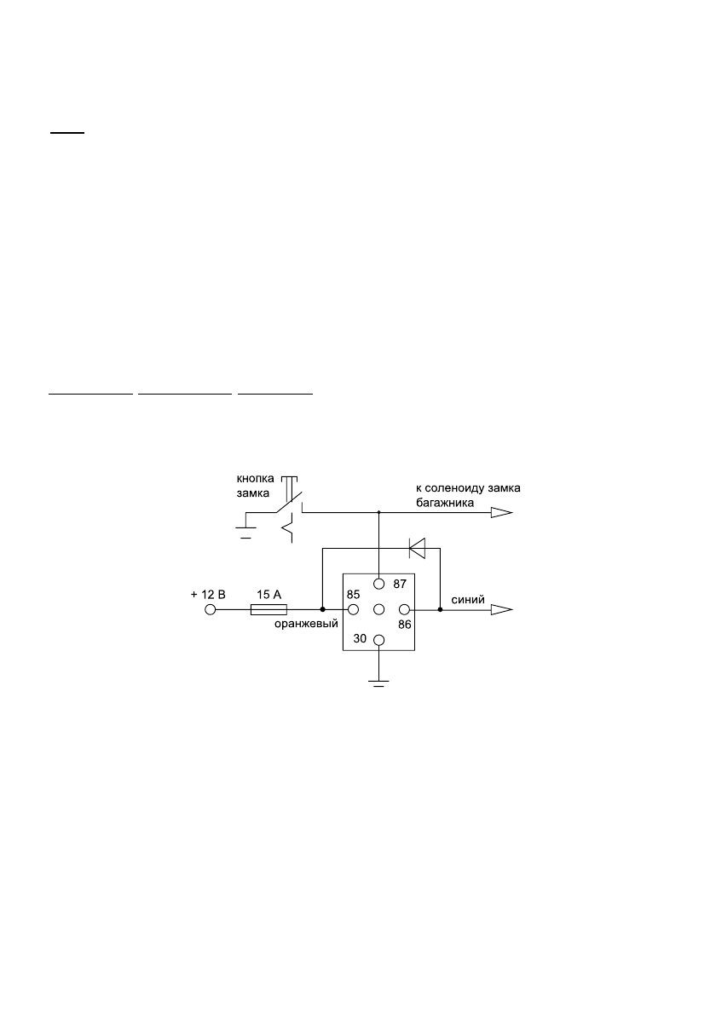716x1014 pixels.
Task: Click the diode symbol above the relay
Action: point(417,549)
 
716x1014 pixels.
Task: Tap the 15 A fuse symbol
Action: point(268,609)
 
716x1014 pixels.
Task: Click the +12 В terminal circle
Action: point(210,609)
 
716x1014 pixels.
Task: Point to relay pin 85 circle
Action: point(351,609)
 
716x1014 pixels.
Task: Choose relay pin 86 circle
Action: point(406,609)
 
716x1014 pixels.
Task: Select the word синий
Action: point(468,600)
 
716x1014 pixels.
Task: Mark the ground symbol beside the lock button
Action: point(246,533)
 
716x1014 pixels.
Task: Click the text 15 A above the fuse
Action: point(270,594)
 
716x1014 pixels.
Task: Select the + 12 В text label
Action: point(208,594)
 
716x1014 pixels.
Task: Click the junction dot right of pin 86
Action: point(440,609)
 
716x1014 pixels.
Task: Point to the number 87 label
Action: point(401,585)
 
